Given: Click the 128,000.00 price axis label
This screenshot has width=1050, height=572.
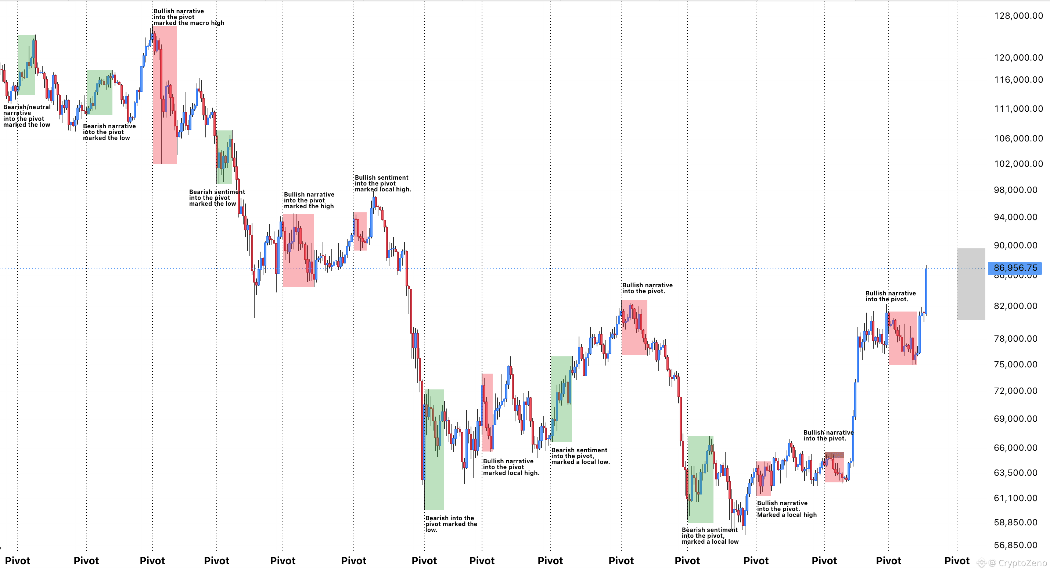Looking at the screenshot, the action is [x=1018, y=16].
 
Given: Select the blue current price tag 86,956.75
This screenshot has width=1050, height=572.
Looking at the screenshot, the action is [x=1015, y=268].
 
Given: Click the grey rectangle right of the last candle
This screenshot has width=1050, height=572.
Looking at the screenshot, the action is [x=971, y=284].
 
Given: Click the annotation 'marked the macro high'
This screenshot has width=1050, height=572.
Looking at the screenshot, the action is [x=189, y=23].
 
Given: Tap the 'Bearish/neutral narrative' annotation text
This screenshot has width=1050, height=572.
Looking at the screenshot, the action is [x=27, y=110].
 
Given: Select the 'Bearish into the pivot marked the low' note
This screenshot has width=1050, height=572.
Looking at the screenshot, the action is [x=451, y=524].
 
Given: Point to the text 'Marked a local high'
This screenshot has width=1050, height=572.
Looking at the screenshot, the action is [x=787, y=515].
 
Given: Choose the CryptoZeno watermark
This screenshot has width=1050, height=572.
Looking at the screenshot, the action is [x=1012, y=564].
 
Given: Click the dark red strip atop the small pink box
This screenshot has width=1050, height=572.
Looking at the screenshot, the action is [x=834, y=454].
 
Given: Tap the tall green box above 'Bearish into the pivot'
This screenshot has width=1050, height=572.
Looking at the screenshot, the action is [x=434, y=449].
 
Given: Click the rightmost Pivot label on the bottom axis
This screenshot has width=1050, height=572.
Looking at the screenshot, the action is [x=957, y=561].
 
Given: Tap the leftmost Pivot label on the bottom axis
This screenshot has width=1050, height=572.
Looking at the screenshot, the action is [x=18, y=561].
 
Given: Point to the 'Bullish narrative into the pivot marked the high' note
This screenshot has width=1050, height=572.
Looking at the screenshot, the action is [x=309, y=201].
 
